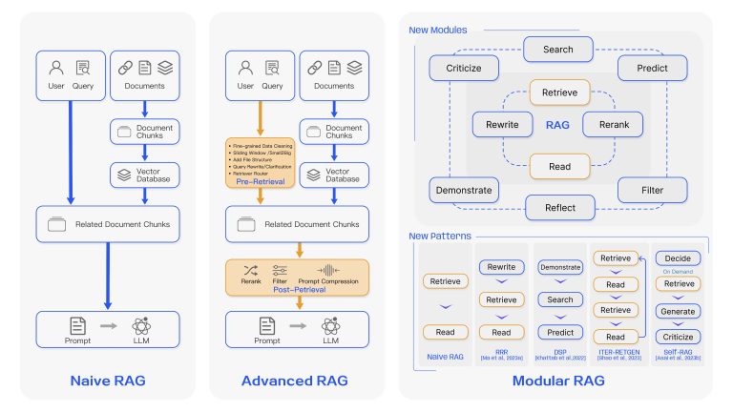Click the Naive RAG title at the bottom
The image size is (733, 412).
pyautogui.click(x=107, y=381)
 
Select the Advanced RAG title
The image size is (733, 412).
pyautogui.click(x=294, y=381)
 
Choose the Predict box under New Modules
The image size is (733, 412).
pyautogui.click(x=652, y=69)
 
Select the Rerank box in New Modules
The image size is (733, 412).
pyautogui.click(x=607, y=124)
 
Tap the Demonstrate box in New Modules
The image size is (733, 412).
pyautogui.click(x=462, y=191)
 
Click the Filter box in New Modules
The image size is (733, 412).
pyautogui.click(x=652, y=191)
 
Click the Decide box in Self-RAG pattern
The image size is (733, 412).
pyautogui.click(x=677, y=258)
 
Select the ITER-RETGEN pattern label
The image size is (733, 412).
pyautogui.click(x=616, y=351)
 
